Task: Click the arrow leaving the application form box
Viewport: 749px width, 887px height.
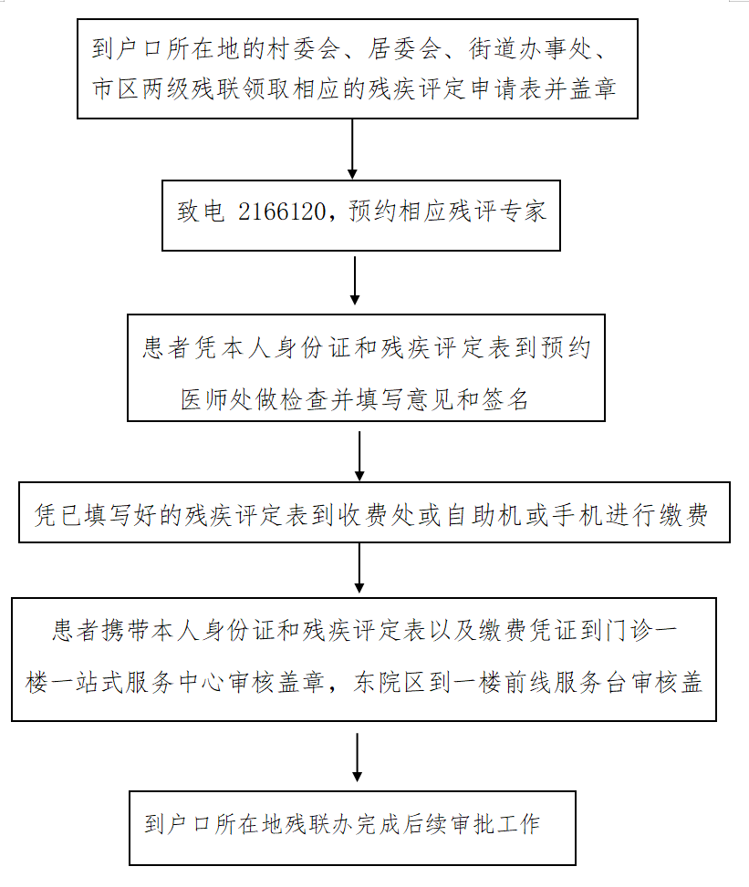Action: pyautogui.click(x=352, y=148)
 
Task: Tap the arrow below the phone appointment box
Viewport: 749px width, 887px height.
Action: pyautogui.click(x=355, y=281)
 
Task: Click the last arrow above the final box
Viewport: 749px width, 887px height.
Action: pyautogui.click(x=357, y=756)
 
